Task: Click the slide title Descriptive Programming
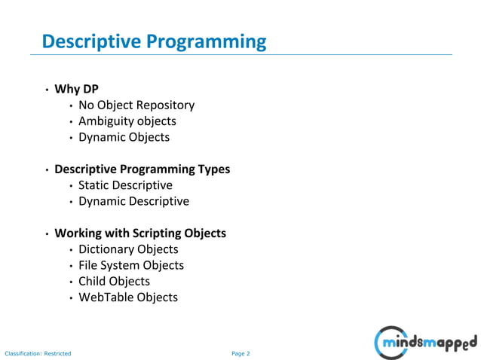[x=154, y=41]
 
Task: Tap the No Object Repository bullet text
[x=136, y=105]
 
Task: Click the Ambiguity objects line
[x=127, y=121]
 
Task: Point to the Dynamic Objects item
[x=124, y=137]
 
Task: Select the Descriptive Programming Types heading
[x=142, y=169]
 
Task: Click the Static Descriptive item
[x=125, y=185]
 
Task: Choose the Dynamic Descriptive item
[x=133, y=201]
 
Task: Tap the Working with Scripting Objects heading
[x=139, y=233]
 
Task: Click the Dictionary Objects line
[x=128, y=249]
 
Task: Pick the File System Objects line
[x=130, y=265]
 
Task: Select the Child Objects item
[x=114, y=281]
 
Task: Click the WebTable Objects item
[x=128, y=297]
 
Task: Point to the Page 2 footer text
[x=240, y=353]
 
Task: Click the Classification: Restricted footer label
[x=38, y=353]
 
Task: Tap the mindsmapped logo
[x=425, y=343]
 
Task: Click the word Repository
[x=166, y=105]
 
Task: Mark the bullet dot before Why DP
[x=47, y=90]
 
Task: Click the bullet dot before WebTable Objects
[x=71, y=298]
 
